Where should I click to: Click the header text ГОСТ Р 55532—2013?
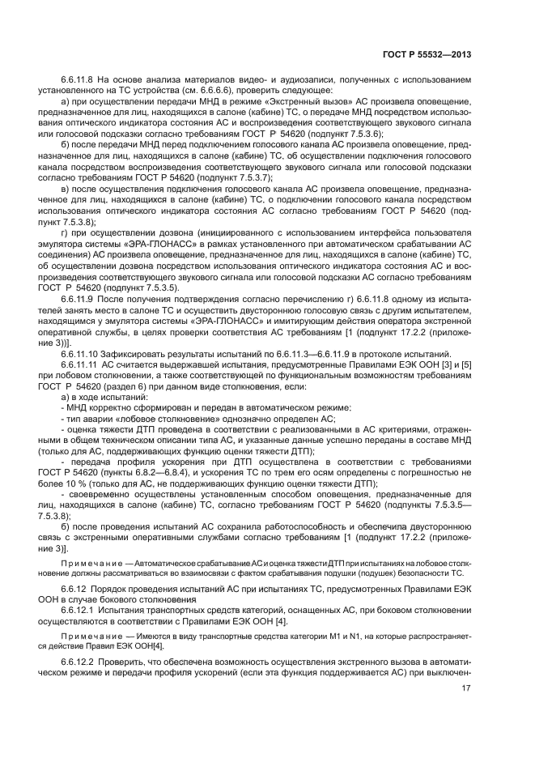point(428,55)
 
